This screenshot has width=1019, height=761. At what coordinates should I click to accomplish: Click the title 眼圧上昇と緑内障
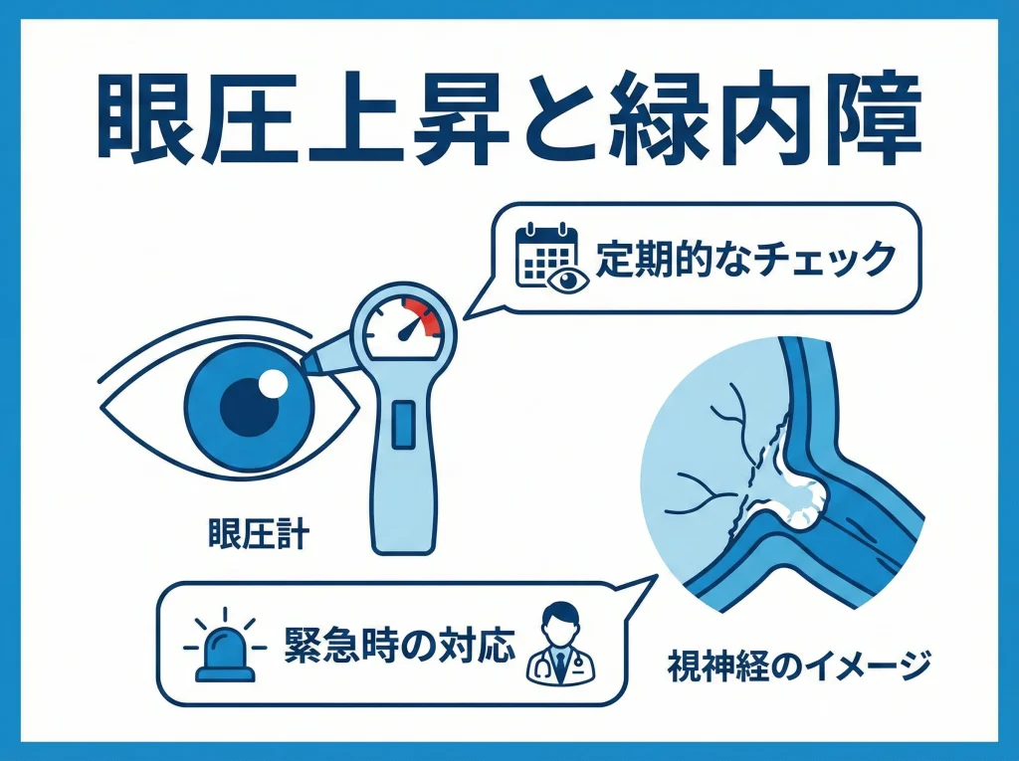click(509, 120)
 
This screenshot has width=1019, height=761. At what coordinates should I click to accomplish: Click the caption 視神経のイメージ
click(799, 663)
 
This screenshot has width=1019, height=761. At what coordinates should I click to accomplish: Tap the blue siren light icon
click(224, 651)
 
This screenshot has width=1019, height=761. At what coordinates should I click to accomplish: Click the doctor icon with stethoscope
click(560, 647)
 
